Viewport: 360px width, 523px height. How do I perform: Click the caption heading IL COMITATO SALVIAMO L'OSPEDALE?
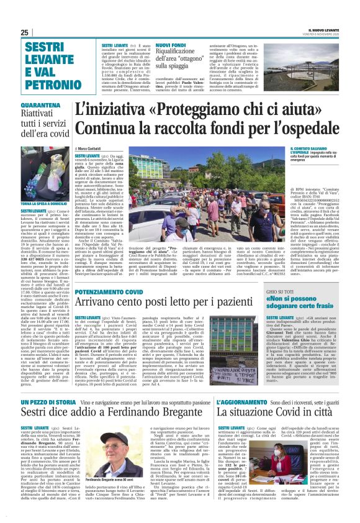pos(312,151)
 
